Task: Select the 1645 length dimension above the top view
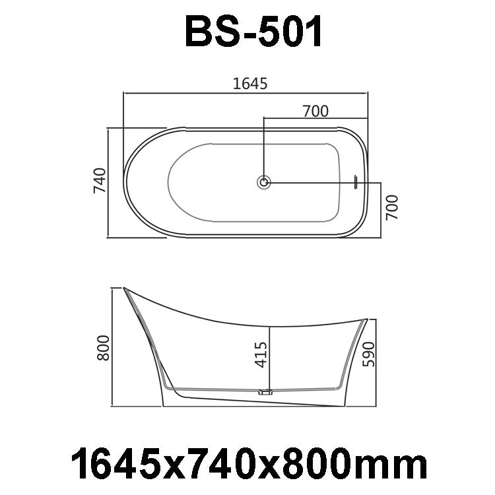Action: point(249,83)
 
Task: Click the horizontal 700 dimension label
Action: point(315,111)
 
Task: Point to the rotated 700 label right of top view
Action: point(391,207)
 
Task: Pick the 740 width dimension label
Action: point(100,181)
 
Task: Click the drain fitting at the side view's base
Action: point(267,391)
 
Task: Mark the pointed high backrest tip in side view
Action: point(125,288)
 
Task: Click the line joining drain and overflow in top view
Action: point(310,182)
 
